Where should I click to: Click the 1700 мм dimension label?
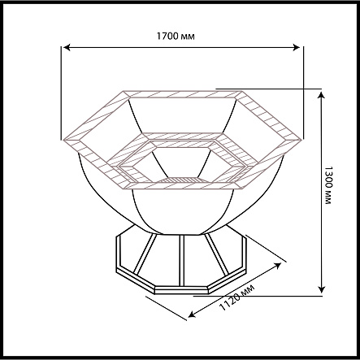pyautogui.click(x=176, y=36)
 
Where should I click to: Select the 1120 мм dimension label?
pyautogui.click(x=236, y=297)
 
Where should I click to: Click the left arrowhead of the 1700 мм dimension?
pyautogui.click(x=67, y=47)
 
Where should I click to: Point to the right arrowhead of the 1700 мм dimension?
pyautogui.click(x=297, y=47)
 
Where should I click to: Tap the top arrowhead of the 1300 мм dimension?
pyautogui.click(x=321, y=95)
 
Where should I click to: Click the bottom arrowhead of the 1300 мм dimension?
pyautogui.click(x=321, y=289)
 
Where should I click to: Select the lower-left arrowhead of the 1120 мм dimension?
pyautogui.click(x=192, y=314)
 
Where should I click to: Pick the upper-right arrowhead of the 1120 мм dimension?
pyautogui.click(x=277, y=265)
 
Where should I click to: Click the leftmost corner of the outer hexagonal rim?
pyautogui.click(x=63, y=140)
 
